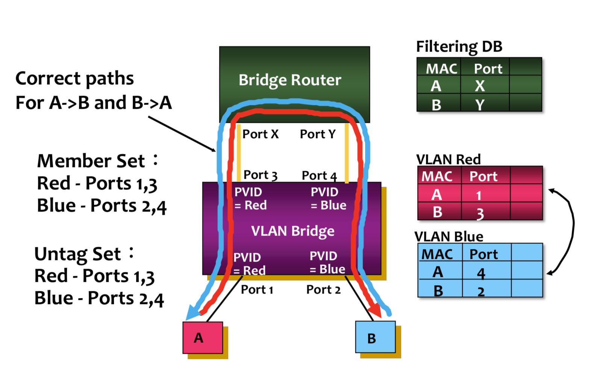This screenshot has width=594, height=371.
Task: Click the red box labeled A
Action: tap(203, 338)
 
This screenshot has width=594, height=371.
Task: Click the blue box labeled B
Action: tap(375, 337)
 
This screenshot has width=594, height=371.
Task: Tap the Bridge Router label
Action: tap(290, 80)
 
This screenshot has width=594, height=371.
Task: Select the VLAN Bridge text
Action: tap(292, 231)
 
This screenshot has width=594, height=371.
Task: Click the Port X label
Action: tap(261, 134)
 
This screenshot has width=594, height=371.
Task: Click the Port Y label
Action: tap(318, 134)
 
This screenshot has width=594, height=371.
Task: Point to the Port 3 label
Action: tap(260, 175)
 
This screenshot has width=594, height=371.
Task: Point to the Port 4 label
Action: tap(319, 175)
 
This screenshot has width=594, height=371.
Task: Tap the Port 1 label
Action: tap(257, 289)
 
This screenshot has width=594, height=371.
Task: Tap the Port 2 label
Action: tap(323, 289)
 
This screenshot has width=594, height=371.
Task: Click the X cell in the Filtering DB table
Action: tap(480, 86)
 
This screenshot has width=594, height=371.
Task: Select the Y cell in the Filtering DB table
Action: tap(480, 104)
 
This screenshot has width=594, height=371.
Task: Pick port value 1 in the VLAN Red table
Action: tap(479, 195)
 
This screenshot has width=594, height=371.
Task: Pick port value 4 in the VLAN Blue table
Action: tap(481, 273)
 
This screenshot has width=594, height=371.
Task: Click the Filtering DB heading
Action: tap(459, 47)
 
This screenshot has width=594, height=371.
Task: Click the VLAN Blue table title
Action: tap(449, 236)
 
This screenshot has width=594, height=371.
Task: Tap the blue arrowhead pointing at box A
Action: tap(192, 312)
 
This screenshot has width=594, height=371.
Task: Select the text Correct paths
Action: tap(74, 79)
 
